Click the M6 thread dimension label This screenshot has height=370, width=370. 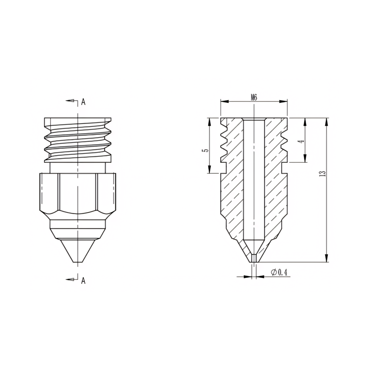point(254,98)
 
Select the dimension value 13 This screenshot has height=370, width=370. point(322,173)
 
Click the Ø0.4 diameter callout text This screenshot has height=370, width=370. point(279,272)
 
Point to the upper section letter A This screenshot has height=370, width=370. point(83,102)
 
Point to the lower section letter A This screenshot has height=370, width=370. point(83,281)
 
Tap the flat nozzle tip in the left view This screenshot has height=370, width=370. point(77,262)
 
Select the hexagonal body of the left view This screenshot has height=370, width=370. point(77,192)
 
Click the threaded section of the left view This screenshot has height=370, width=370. point(77,139)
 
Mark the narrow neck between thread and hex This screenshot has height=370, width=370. point(77,167)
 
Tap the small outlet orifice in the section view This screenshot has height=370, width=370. point(253,258)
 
